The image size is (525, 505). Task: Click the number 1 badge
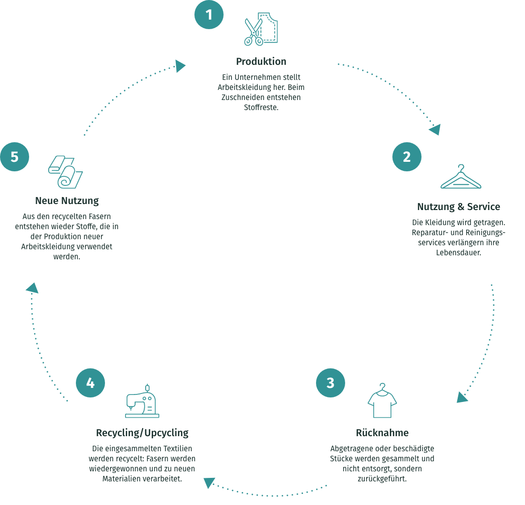209,15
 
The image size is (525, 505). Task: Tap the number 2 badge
406,157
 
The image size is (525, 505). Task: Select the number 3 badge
330,383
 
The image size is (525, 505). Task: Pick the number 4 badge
90,383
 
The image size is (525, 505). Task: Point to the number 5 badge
14,157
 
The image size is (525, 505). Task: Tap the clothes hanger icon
460,178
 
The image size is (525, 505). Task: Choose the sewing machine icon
142,402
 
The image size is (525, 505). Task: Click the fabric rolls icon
65,172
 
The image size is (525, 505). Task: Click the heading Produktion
261,62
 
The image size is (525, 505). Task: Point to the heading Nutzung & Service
459,207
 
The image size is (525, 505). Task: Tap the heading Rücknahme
382,433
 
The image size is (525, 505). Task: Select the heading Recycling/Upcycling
142,433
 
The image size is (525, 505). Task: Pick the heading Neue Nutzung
67,200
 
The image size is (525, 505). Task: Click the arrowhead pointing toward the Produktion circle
181,66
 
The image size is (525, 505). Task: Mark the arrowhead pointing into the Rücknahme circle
462,397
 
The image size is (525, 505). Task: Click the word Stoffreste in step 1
261,107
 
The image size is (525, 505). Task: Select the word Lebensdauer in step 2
458,252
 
